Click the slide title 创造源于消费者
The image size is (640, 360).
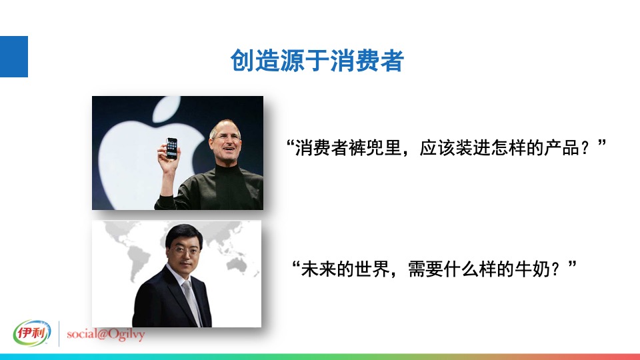click(317, 61)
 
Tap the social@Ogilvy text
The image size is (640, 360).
click(105, 334)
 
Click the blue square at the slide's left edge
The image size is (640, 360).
click(13, 57)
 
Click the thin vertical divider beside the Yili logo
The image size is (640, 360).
click(59, 334)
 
